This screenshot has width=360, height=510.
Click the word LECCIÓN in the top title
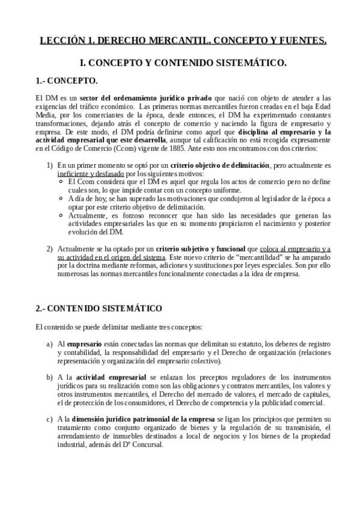point(58,41)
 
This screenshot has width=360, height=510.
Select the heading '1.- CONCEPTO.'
point(66,81)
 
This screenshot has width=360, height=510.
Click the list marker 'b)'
point(50,376)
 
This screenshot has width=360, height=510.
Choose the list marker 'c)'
point(50,418)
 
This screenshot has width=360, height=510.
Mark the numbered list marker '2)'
point(50,248)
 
